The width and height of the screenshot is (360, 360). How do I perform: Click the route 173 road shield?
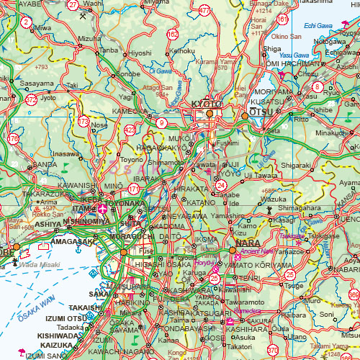coord(84,122)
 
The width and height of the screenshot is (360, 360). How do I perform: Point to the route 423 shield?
coord(130,130)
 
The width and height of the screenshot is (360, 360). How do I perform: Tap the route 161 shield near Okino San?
coord(282,19)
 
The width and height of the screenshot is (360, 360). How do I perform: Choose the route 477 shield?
coord(205,10)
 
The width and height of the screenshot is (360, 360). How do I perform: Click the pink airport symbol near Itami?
coord(103,209)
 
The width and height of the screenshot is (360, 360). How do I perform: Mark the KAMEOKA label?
coord(130,112)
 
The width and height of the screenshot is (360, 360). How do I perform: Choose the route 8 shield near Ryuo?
coord(318,87)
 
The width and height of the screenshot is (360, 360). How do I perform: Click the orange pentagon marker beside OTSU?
coord(244,115)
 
